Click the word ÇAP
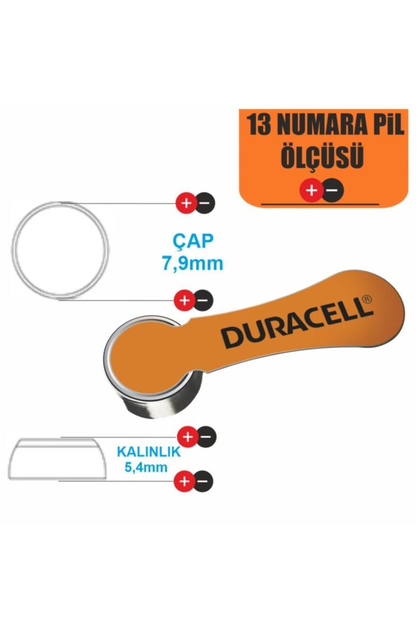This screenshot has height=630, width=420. pyautogui.click(x=193, y=241)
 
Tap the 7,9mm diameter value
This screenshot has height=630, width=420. pyautogui.click(x=192, y=264)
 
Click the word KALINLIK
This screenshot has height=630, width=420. pyautogui.click(x=148, y=452)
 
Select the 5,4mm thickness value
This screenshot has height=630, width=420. pyautogui.click(x=146, y=467)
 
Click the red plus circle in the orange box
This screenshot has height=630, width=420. pyautogui.click(x=311, y=190)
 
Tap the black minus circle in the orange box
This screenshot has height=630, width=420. pyautogui.click(x=332, y=190)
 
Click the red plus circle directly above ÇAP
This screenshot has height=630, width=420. pyautogui.click(x=186, y=203)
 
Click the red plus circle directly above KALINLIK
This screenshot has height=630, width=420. pyautogui.click(x=188, y=437)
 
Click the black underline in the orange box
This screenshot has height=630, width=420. pyautogui.click(x=320, y=204)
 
